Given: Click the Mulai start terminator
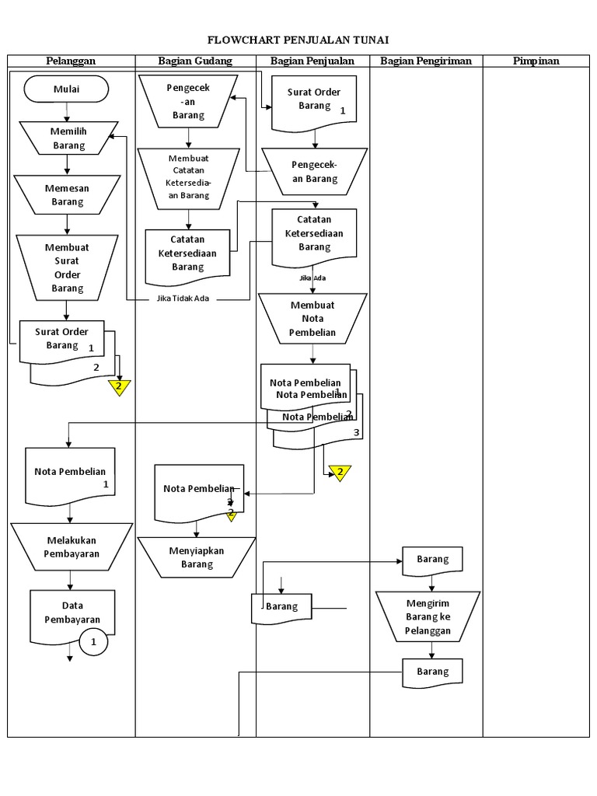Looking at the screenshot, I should pyautogui.click(x=67, y=89).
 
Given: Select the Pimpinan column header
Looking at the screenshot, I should pyautogui.click(x=536, y=61).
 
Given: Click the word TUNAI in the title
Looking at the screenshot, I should pyautogui.click(x=369, y=40).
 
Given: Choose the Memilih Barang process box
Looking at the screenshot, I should pyautogui.click(x=68, y=138).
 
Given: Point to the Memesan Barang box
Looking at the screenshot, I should pyautogui.click(x=68, y=194).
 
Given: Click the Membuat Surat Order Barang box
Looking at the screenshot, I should pyautogui.click(x=68, y=267).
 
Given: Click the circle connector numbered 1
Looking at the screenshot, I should pyautogui.click(x=94, y=642).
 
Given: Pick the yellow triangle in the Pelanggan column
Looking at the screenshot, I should pyautogui.click(x=119, y=387).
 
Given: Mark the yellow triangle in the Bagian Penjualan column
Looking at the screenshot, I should pyautogui.click(x=340, y=473).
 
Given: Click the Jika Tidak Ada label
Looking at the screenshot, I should pyautogui.click(x=183, y=298).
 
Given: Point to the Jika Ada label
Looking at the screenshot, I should pyautogui.click(x=312, y=278).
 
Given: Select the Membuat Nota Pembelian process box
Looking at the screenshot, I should pyautogui.click(x=312, y=319).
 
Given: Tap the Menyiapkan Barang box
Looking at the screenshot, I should pyautogui.click(x=197, y=557).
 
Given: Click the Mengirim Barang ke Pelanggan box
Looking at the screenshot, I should pyautogui.click(x=428, y=616).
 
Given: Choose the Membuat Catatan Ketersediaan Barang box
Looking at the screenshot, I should pyautogui.click(x=189, y=177).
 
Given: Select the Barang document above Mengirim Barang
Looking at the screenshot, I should pyautogui.click(x=432, y=560).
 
